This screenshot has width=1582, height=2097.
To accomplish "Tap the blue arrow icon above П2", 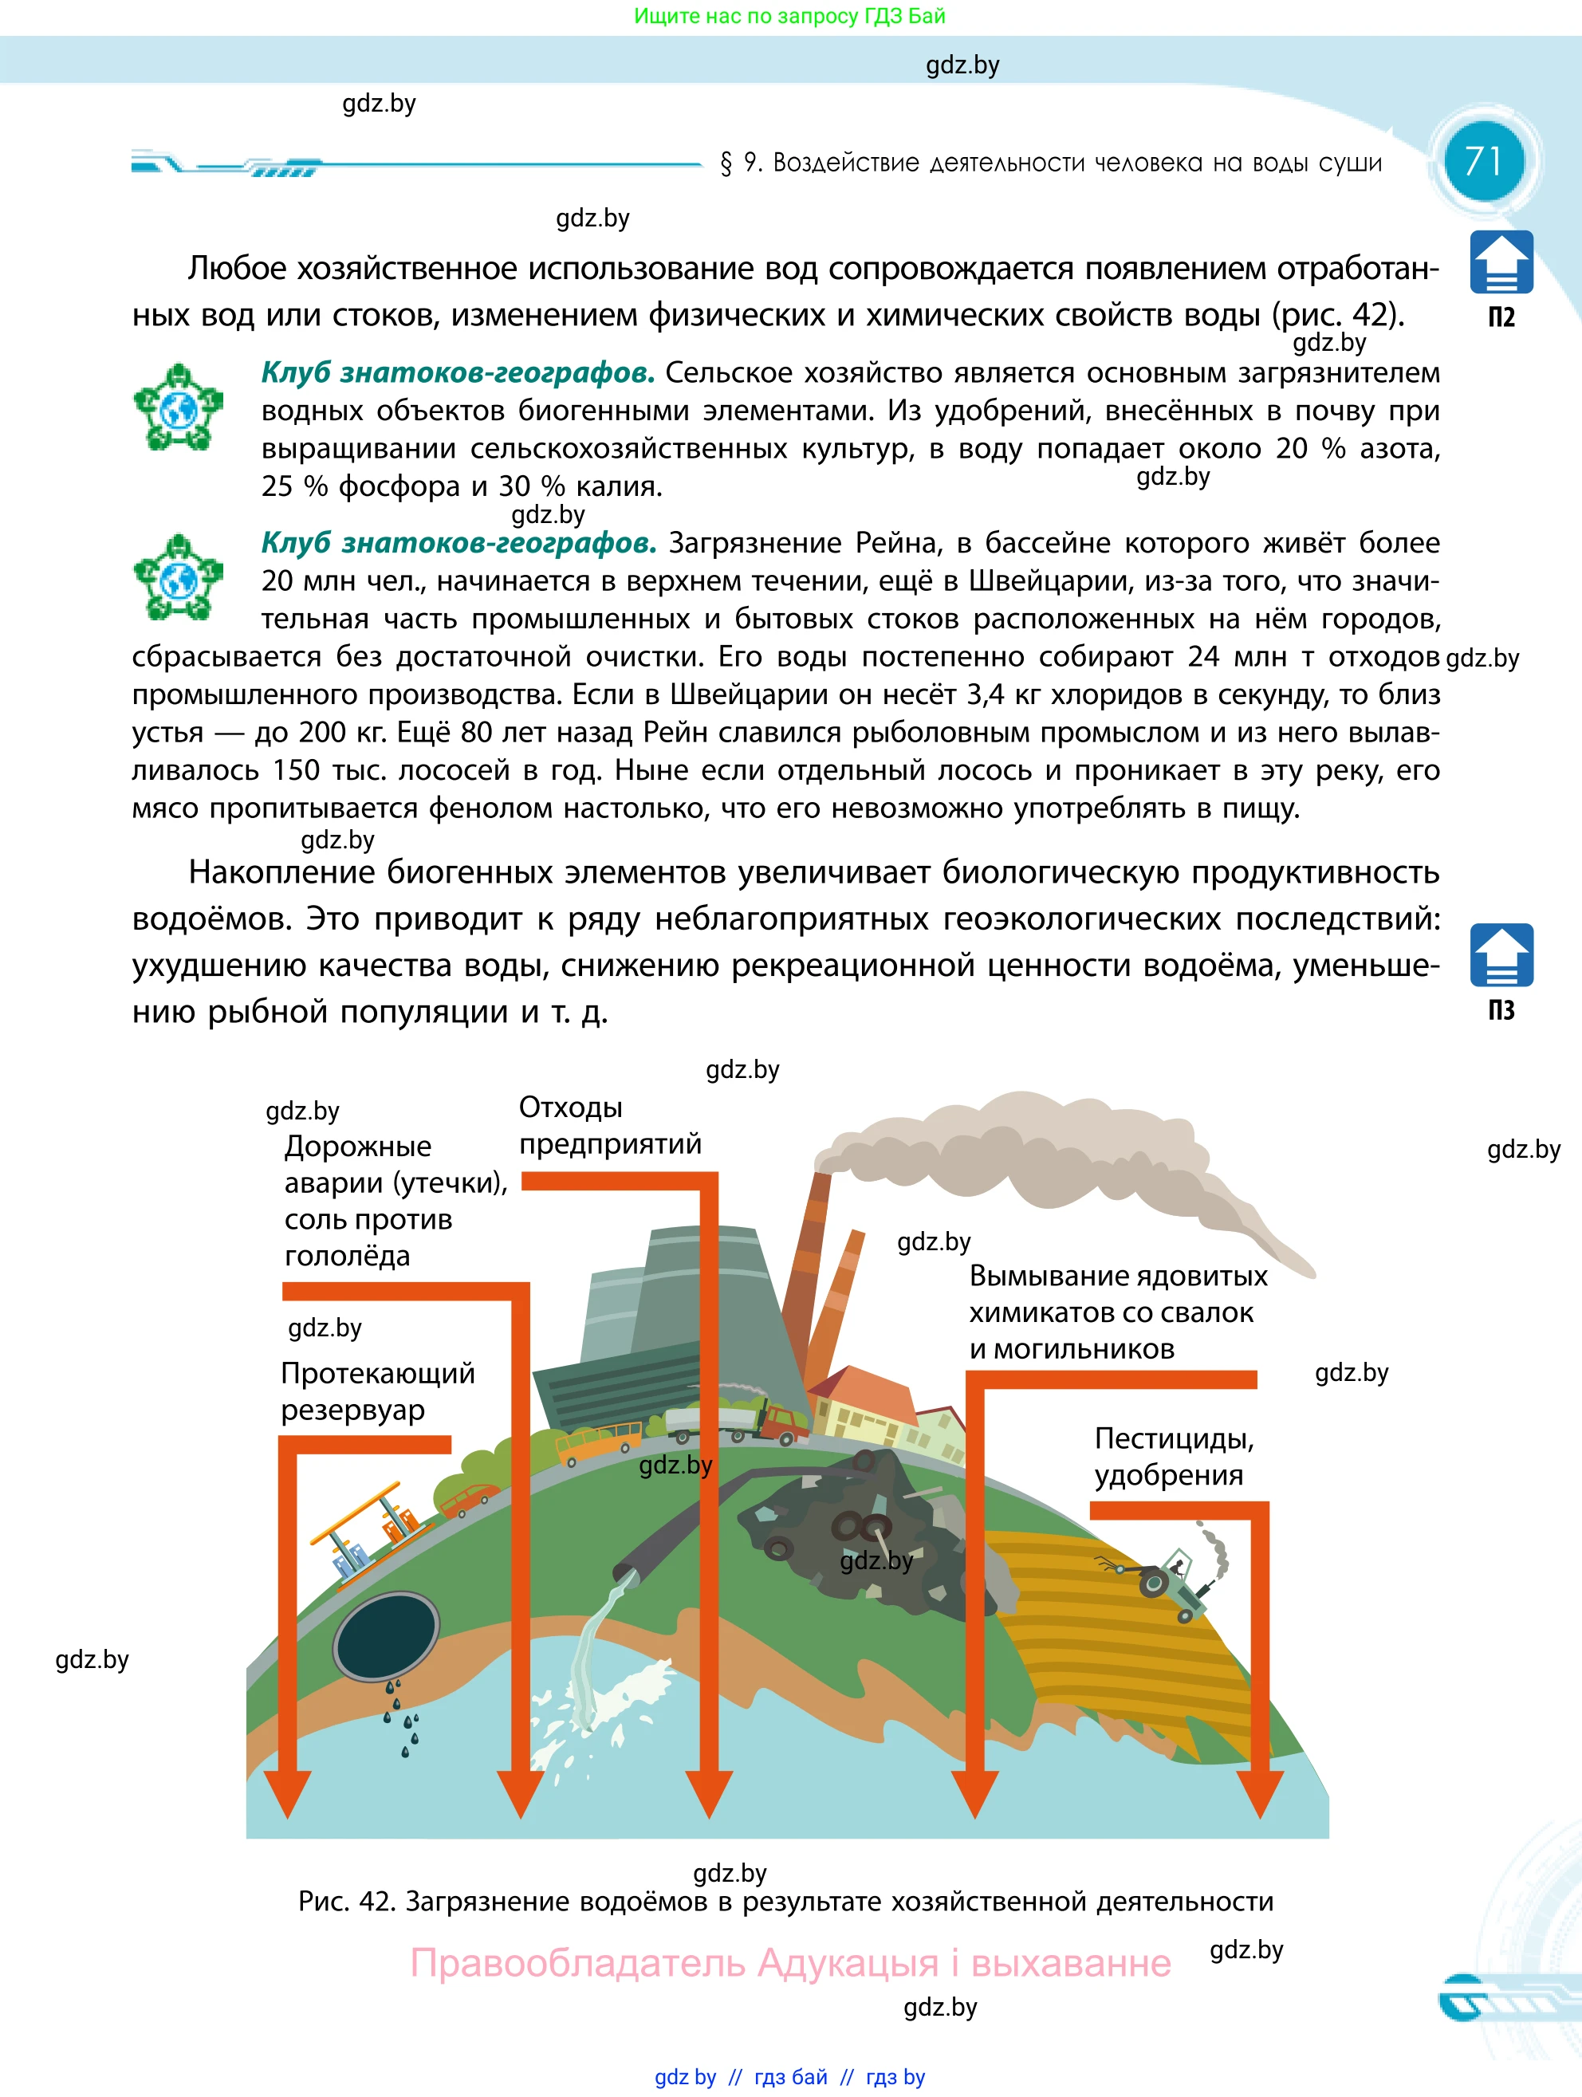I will pyautogui.click(x=1501, y=262).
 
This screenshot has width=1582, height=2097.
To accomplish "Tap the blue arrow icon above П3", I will pyautogui.click(x=1501, y=954).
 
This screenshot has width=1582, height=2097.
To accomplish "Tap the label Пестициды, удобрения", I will pyautogui.click(x=1174, y=1456).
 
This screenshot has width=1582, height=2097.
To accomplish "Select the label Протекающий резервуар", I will pyautogui.click(x=377, y=1391).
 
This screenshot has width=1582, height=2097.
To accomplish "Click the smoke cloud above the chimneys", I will pyautogui.click(x=1024, y=1152).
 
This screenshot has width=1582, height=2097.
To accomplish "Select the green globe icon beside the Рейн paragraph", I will pyautogui.click(x=178, y=576).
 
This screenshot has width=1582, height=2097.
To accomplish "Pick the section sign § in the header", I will pyautogui.click(x=726, y=163).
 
